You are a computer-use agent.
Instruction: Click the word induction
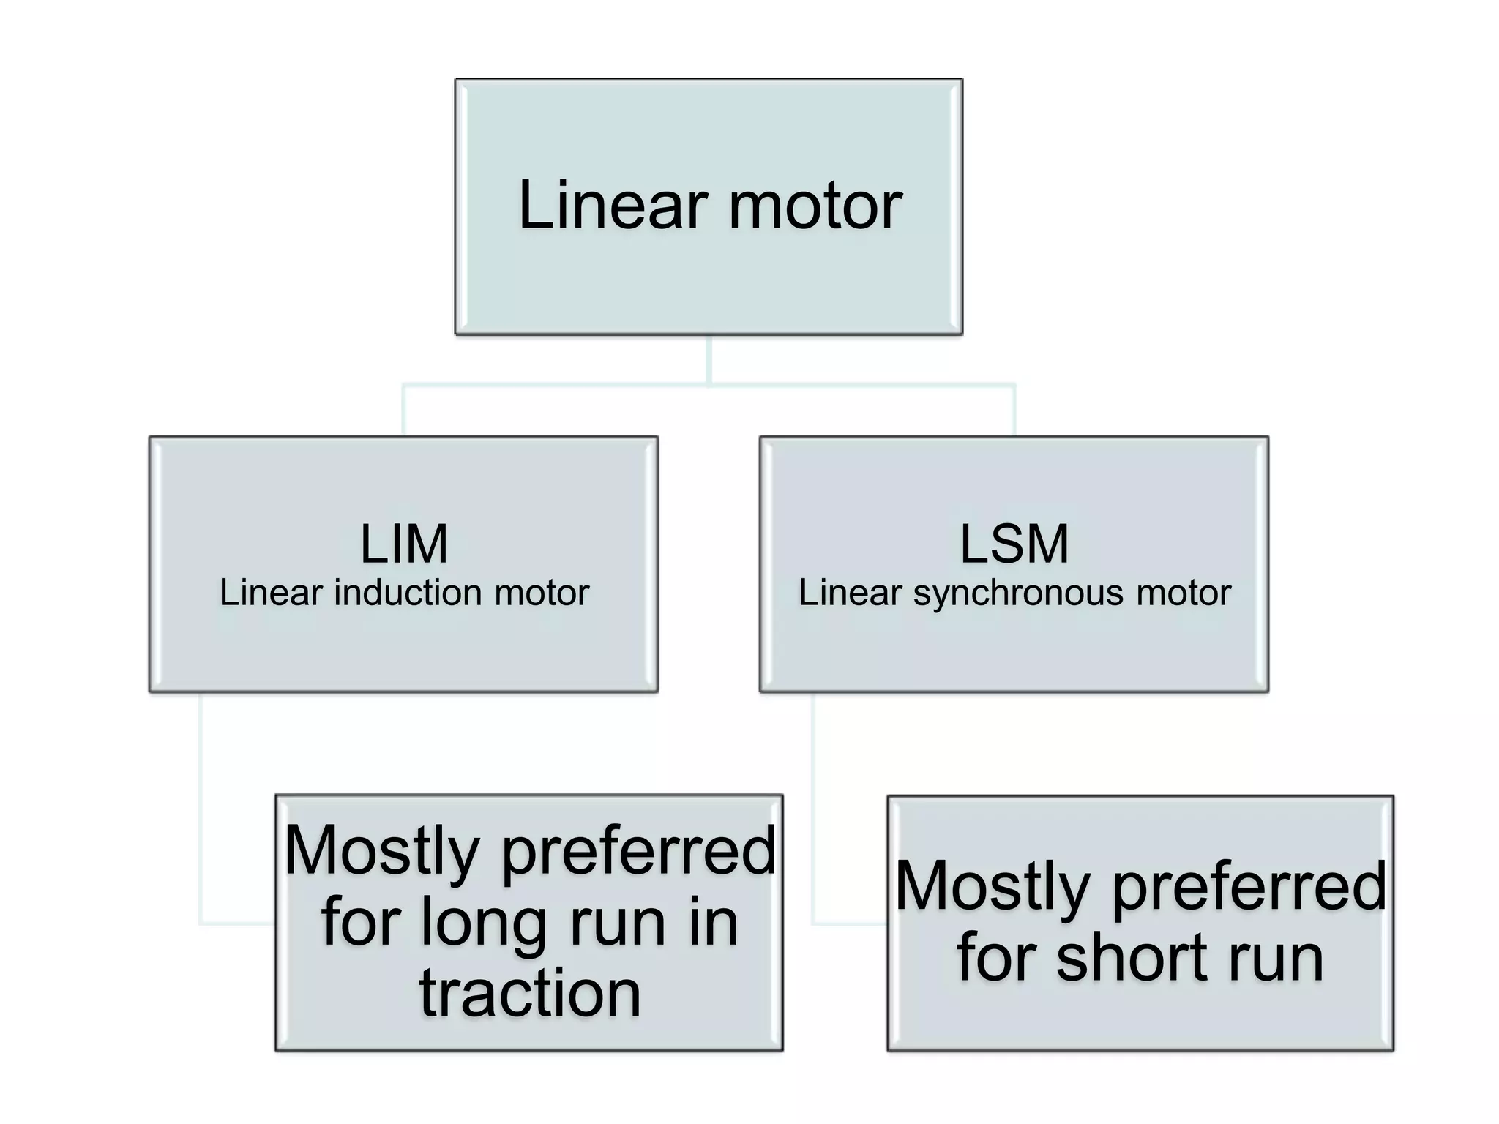[407, 592]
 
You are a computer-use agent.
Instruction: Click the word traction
[530, 993]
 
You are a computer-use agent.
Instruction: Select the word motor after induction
[542, 593]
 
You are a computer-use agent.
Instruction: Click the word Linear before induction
[271, 592]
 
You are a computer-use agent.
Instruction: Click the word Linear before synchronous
[850, 592]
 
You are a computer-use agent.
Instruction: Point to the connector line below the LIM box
[200, 805]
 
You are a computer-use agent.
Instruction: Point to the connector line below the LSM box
[812, 805]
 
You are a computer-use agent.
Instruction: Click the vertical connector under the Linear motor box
[709, 359]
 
